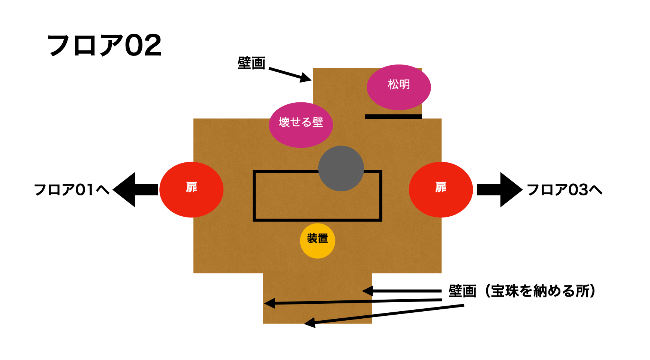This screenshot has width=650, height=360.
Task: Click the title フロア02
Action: coord(104,45)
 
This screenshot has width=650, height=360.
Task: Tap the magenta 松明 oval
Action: coord(398,87)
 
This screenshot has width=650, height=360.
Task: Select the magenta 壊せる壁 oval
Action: coord(301,125)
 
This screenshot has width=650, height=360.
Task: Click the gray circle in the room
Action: coord(341,168)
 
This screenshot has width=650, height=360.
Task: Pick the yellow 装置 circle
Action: coord(318,241)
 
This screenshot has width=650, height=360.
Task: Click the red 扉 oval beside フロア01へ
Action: coord(192,190)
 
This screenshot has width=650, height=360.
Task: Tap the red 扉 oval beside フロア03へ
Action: coord(441,190)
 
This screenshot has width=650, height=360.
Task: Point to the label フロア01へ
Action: coord(72,190)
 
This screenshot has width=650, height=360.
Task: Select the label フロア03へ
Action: coord(565,190)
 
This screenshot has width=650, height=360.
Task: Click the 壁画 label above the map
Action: coord(251,63)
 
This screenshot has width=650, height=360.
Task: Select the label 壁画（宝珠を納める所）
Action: coord(522,291)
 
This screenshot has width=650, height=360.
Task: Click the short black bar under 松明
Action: coord(393,117)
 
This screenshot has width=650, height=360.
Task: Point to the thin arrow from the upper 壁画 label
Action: coord(290,74)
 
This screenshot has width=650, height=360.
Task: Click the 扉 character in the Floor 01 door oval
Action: coord(192,187)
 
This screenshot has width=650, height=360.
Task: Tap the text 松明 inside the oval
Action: coord(398,84)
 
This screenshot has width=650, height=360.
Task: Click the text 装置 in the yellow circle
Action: coord(318,238)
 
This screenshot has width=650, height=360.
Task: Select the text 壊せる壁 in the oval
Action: coord(301,122)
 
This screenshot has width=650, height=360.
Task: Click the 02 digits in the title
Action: coord(143,45)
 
